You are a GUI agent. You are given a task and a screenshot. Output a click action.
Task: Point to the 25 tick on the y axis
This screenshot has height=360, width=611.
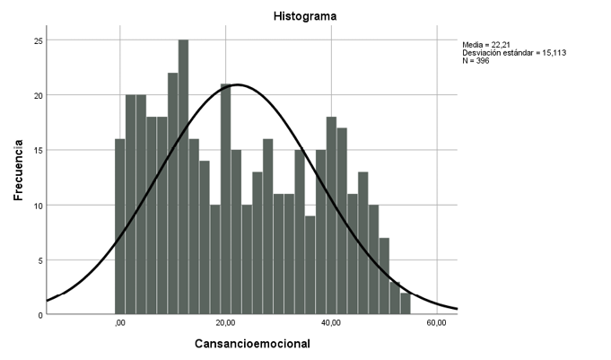[37, 40]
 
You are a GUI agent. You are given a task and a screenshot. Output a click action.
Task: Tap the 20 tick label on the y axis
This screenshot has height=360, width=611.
[37, 95]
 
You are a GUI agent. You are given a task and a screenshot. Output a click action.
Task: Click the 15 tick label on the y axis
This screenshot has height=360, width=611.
[37, 150]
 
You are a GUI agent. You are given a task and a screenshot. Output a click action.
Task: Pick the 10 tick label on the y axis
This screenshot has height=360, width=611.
[37, 205]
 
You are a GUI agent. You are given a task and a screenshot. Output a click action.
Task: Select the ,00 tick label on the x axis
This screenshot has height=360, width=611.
[120, 324]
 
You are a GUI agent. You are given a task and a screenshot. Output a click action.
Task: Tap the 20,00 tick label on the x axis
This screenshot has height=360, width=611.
[226, 324]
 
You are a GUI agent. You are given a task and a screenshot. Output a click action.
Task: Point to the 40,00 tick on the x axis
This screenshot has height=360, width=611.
[332, 324]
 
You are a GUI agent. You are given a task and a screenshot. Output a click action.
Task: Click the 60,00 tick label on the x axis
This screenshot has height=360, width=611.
[437, 324]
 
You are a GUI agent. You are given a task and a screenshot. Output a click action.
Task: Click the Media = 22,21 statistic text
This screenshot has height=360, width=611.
[485, 43]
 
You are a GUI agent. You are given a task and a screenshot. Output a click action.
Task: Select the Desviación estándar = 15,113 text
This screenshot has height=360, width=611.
[514, 52]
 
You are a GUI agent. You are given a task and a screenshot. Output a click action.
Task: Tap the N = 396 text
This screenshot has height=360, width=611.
[476, 61]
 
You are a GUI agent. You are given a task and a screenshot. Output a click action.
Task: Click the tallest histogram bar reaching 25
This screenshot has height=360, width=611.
[183, 180]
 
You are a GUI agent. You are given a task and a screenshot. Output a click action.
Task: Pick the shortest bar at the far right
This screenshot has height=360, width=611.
[406, 304]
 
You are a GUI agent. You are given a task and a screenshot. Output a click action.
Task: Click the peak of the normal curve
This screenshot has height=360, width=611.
[236, 84]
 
